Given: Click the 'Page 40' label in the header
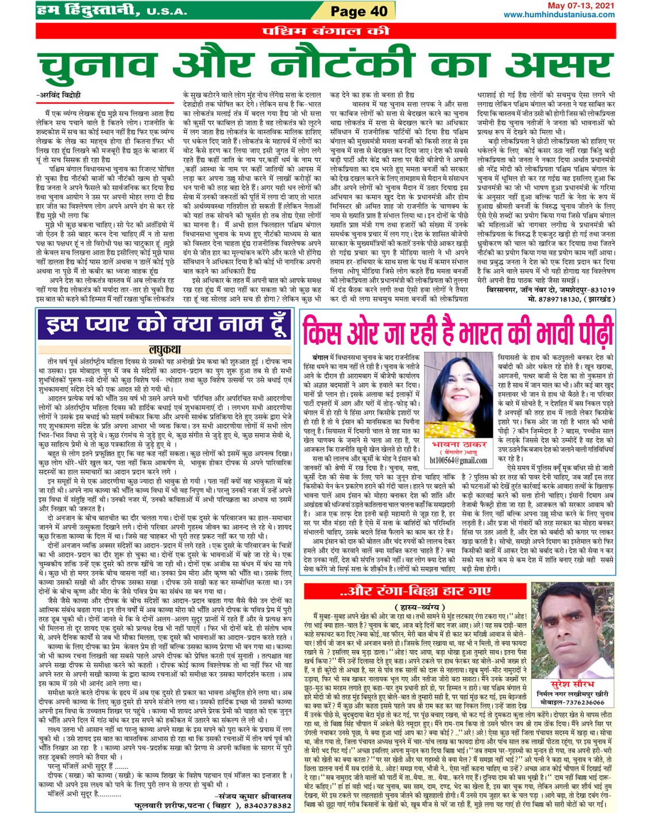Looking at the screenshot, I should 359,11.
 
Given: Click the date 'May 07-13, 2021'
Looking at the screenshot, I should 581,6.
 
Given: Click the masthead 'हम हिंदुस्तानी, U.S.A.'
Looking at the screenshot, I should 111,10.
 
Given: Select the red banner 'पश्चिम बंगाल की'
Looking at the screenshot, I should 326,30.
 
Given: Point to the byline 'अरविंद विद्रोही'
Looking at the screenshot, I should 60,95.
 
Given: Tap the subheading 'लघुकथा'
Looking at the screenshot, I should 165,349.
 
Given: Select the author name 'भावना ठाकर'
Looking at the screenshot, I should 458,445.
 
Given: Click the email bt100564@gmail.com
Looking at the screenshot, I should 458,460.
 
